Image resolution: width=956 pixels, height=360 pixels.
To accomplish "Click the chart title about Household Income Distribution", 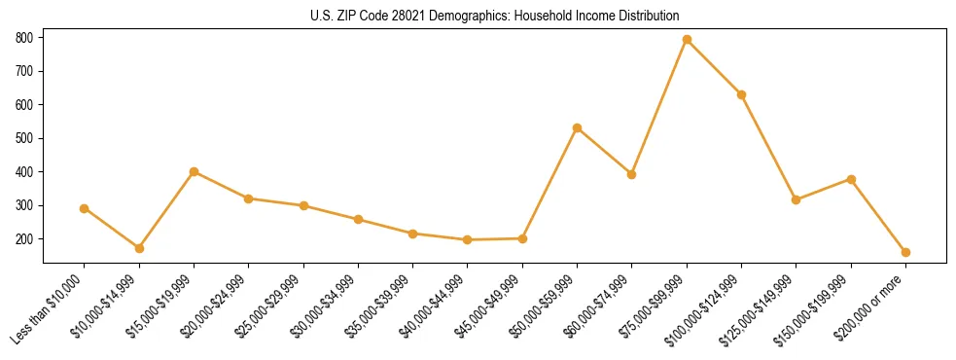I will [495, 16].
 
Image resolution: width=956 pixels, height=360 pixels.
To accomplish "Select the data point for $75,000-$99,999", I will [687, 40].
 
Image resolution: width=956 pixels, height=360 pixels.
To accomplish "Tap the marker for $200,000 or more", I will [905, 252].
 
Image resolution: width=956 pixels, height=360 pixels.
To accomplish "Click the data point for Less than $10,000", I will [85, 208].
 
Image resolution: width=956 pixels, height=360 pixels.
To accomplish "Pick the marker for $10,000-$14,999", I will [139, 248].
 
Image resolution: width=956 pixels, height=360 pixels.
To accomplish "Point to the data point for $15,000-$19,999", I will [194, 171].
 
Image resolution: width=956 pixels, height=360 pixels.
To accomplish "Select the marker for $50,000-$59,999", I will [577, 127].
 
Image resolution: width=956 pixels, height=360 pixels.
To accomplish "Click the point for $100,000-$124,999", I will [741, 94].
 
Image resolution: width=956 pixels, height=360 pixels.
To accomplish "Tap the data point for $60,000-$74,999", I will [632, 174].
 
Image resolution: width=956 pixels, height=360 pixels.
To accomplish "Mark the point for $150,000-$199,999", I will [851, 179].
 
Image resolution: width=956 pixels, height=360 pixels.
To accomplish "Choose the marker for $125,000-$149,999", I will [796, 199].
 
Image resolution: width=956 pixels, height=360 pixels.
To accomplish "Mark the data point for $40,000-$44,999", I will [468, 239].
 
